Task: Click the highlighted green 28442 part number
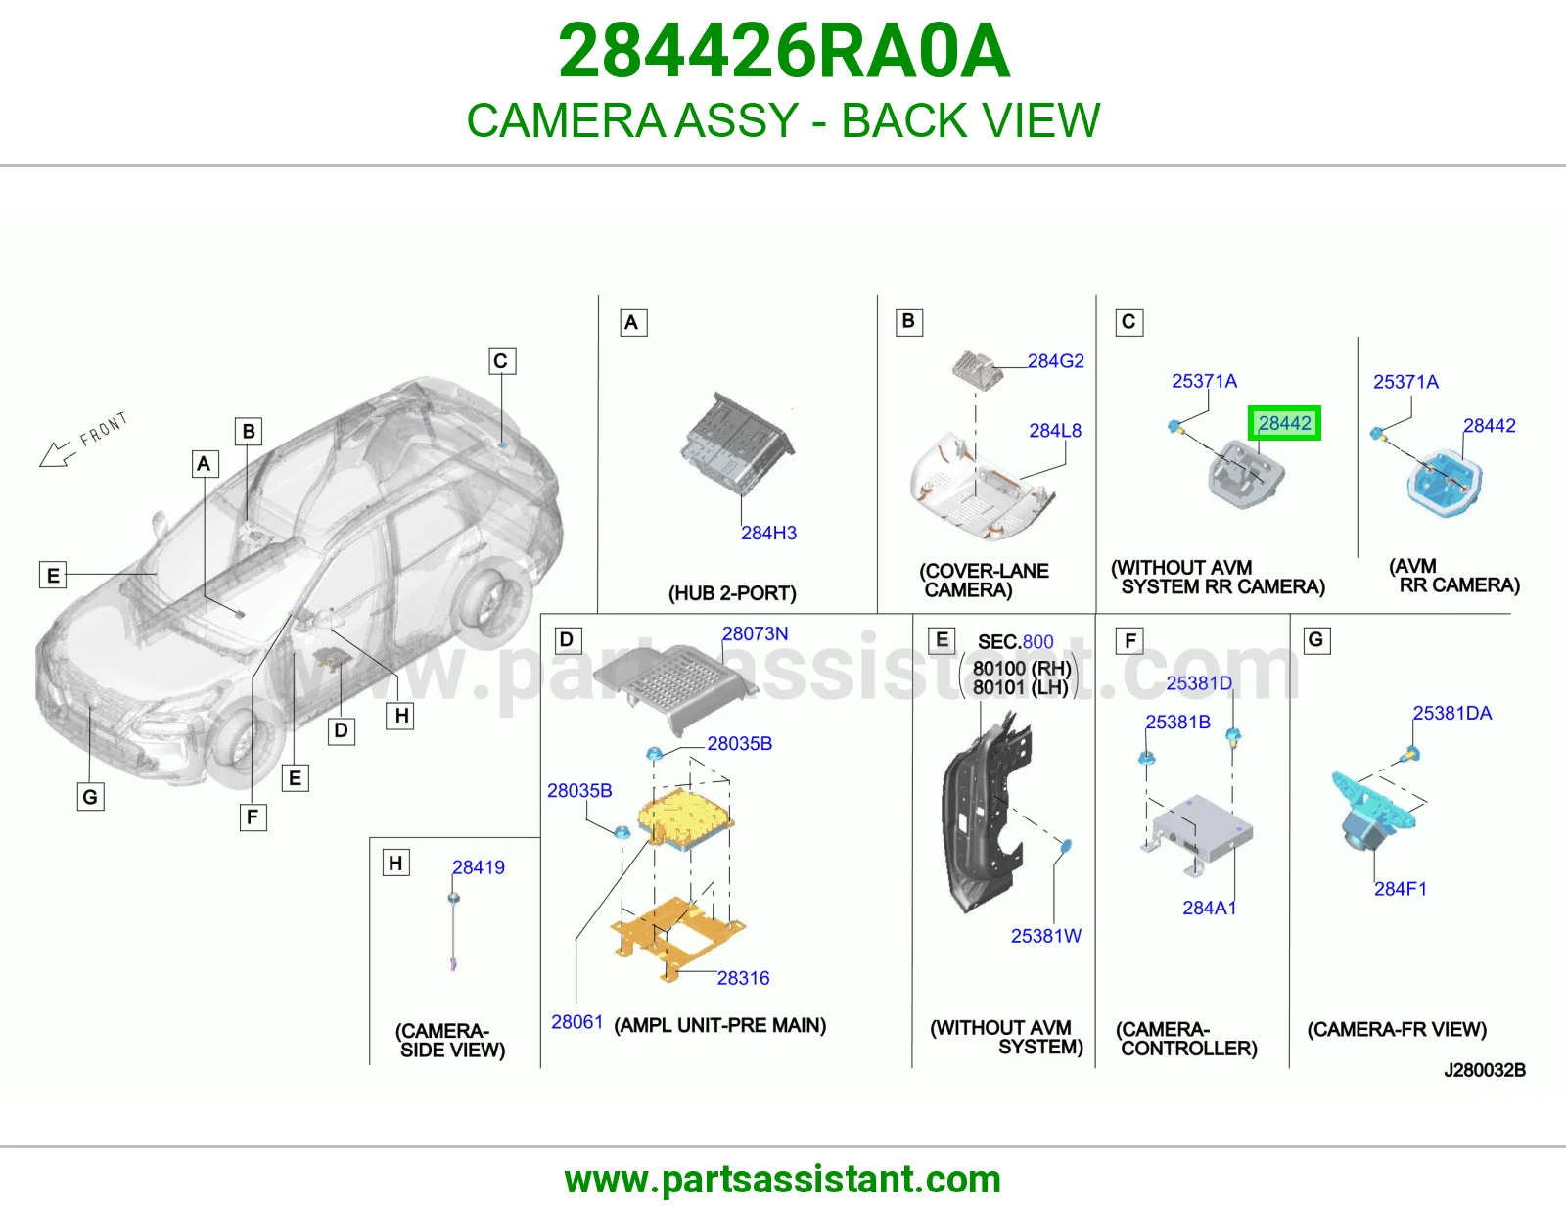click(x=1284, y=423)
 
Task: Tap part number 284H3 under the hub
click(x=769, y=533)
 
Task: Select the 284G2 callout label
click(x=1056, y=360)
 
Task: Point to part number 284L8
click(x=1055, y=431)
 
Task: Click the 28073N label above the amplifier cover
click(x=756, y=633)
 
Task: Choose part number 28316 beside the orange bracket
click(x=743, y=978)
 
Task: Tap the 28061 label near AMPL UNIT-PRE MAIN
click(x=576, y=1022)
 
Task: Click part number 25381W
click(x=1046, y=936)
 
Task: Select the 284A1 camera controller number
click(x=1210, y=908)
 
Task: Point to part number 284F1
click(x=1401, y=889)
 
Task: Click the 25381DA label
click(x=1452, y=713)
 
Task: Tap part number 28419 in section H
click(x=479, y=867)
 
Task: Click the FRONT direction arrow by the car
click(x=58, y=454)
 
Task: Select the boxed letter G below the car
click(x=90, y=797)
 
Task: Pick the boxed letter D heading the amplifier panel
click(x=567, y=640)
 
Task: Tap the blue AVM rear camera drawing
click(x=1444, y=481)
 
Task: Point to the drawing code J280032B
click(x=1485, y=1070)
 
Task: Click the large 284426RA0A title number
click(x=784, y=51)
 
